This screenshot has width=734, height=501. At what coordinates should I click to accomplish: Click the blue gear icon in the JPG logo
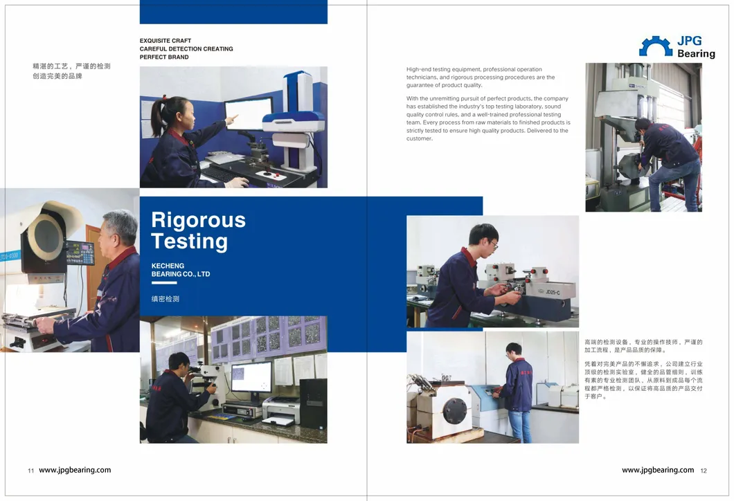pos(656,47)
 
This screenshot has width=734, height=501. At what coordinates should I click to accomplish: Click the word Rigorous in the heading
pos(199,220)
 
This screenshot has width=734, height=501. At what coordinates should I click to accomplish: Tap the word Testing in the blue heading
pos(190,242)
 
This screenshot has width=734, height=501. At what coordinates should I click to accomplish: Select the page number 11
pos(31,471)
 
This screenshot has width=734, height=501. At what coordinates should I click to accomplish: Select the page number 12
pos(704,471)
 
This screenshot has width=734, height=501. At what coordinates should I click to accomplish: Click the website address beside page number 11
pos(75,470)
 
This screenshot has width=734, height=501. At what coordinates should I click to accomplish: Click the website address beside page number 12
pos(658,470)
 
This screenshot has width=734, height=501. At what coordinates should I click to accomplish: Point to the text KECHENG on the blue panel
pos(168,266)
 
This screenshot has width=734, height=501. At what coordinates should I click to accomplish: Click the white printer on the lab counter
pos(281,410)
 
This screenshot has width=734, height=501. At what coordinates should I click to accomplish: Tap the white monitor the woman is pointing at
pos(249,113)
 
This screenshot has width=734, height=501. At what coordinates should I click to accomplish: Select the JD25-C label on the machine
pos(553,293)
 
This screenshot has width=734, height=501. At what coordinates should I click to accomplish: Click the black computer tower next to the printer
pos(313,403)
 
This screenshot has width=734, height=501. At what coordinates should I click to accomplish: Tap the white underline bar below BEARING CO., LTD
pos(164,283)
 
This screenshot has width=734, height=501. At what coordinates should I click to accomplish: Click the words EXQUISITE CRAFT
pos(165,41)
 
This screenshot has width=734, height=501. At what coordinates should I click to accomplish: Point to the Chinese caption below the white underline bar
pos(165,299)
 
